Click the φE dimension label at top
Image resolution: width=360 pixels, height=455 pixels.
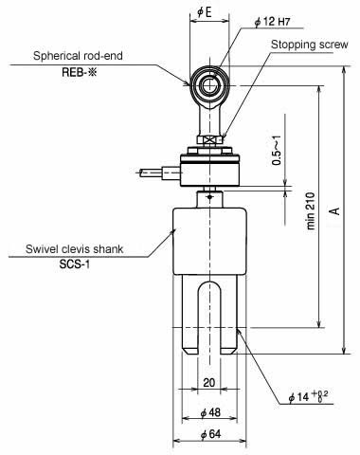(205, 12)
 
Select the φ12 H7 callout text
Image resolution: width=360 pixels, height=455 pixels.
(272, 22)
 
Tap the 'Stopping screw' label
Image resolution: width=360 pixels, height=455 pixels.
(310, 45)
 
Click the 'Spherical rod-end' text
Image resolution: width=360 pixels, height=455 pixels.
(78, 56)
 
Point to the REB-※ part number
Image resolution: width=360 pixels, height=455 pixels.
(80, 72)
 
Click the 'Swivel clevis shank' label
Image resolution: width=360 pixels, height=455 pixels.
(75, 249)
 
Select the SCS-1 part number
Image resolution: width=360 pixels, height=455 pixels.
(75, 264)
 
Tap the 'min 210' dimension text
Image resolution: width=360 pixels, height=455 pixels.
(311, 210)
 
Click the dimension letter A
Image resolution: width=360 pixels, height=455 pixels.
(336, 210)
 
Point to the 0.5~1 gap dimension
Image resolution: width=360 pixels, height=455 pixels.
(277, 151)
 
